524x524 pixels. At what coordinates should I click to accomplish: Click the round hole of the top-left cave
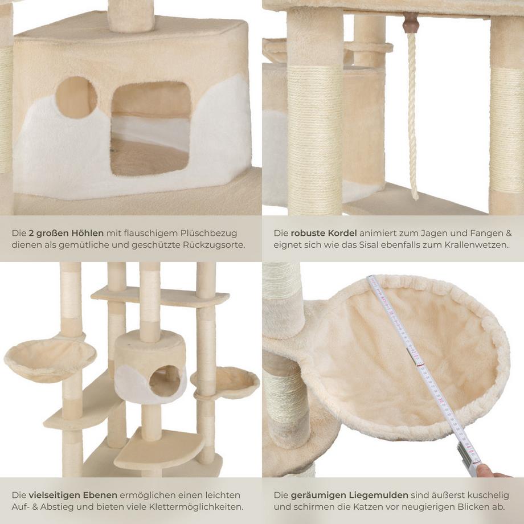tap(76, 97)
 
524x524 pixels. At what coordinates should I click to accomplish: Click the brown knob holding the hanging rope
tap(410, 23)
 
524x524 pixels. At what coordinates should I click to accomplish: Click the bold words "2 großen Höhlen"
tap(66, 233)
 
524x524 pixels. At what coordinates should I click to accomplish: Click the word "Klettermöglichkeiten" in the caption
tap(195, 507)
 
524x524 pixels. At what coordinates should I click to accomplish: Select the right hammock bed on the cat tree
tap(226, 380)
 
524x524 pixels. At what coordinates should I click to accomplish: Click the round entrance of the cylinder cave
tap(165, 380)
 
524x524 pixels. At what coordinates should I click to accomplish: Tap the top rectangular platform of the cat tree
tap(159, 296)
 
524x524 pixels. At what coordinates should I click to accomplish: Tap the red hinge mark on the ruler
tap(419, 357)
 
